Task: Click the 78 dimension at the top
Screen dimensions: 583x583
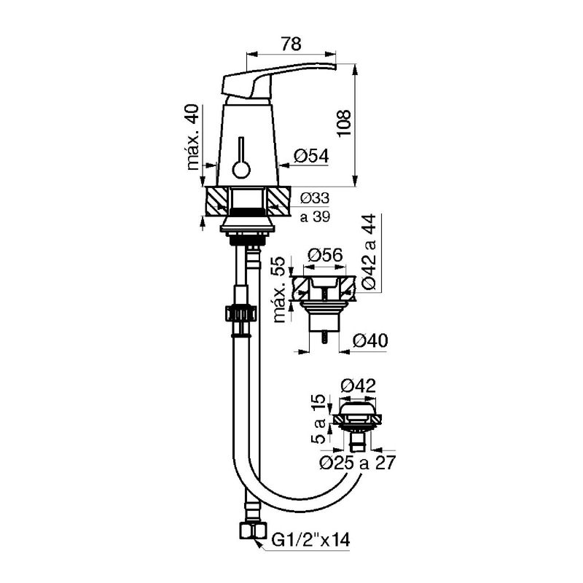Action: [x=291, y=44]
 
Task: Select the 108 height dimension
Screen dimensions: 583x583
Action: [x=344, y=123]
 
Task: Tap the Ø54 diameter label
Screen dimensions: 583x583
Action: [x=311, y=156]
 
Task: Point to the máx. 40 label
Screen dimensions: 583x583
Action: [x=193, y=137]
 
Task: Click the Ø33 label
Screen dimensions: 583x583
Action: [x=315, y=198]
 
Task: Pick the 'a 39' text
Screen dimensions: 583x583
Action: [x=315, y=216]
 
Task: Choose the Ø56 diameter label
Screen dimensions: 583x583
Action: [x=325, y=256]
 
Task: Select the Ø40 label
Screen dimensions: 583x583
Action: [x=370, y=340]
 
